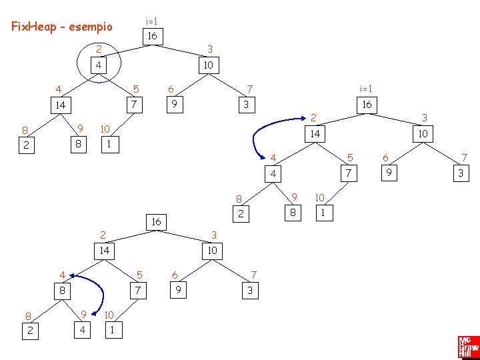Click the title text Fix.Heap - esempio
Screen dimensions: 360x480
tap(62, 27)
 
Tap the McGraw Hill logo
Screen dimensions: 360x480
tap(467, 347)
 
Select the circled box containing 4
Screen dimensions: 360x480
tap(99, 65)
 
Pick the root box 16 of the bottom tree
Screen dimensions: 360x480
tap(156, 221)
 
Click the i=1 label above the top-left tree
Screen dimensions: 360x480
tap(152, 21)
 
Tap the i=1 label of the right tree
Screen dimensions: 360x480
tap(366, 89)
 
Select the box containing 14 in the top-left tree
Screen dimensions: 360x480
tap(61, 105)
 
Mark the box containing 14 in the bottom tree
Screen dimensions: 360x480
tap(103, 251)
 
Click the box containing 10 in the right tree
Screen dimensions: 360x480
tap(422, 134)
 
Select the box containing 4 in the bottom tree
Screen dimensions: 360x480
tap(83, 329)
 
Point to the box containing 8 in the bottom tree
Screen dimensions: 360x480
tap(61, 291)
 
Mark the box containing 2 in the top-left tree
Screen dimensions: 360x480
tap(25, 145)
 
